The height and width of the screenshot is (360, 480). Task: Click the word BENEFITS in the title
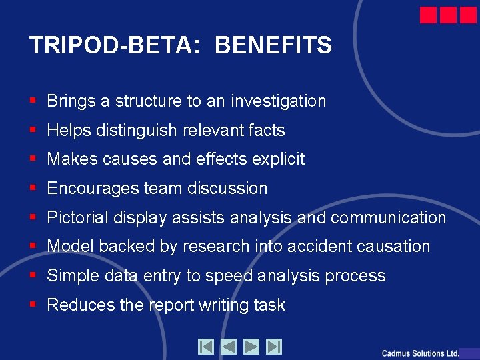coord(273,45)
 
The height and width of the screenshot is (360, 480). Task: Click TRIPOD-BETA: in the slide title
coord(114,45)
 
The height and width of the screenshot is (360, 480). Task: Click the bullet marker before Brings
coord(33,101)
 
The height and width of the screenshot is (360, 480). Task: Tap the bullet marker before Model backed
coord(33,247)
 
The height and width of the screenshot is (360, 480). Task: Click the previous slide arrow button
coord(229,347)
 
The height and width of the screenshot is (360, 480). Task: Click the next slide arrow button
coord(251,347)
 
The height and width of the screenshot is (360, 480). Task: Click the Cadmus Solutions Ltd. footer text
coord(420,353)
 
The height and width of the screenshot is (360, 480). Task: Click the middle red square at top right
coord(449,15)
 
